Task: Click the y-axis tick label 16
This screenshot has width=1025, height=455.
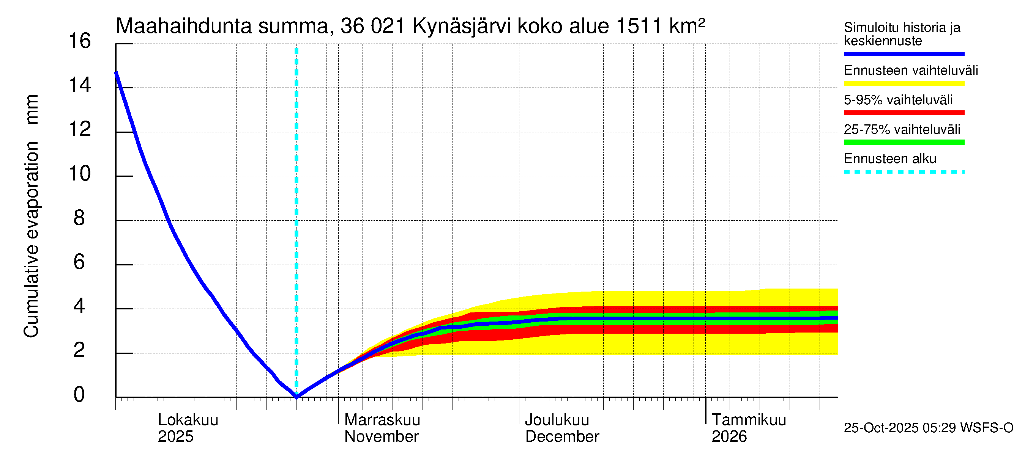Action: [80, 41]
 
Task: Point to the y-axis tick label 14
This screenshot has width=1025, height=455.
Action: [80, 85]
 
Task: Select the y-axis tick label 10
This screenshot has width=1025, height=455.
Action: [80, 174]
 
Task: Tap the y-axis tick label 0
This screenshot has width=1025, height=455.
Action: [79, 395]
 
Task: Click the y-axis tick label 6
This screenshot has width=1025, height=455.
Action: [79, 262]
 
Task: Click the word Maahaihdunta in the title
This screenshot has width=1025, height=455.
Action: [183, 26]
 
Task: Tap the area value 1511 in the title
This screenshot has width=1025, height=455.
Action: [639, 26]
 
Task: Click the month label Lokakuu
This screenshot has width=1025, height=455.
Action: [188, 420]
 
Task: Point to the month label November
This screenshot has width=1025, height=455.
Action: [381, 437]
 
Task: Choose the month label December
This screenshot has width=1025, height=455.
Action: [562, 437]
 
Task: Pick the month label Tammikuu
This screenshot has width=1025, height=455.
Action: [749, 420]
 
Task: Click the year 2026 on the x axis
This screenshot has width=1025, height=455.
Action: [729, 437]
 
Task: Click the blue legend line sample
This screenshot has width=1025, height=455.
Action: [904, 53]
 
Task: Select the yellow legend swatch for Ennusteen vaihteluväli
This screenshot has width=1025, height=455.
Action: [904, 83]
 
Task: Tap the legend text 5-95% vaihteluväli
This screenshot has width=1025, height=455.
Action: [898, 100]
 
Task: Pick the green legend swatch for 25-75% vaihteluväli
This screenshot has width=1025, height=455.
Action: [904, 142]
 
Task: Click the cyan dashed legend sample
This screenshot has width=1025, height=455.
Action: [904, 172]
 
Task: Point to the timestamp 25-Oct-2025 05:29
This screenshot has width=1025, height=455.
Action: [900, 428]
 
